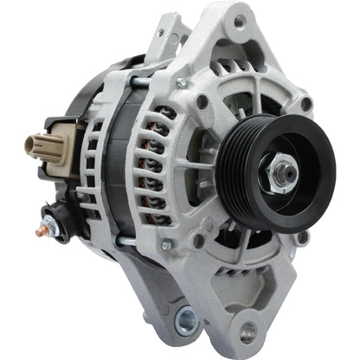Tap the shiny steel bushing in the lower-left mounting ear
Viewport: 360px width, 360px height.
pyautogui.click(x=186, y=322)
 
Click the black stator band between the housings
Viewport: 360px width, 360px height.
pyautogui.click(x=121, y=173)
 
